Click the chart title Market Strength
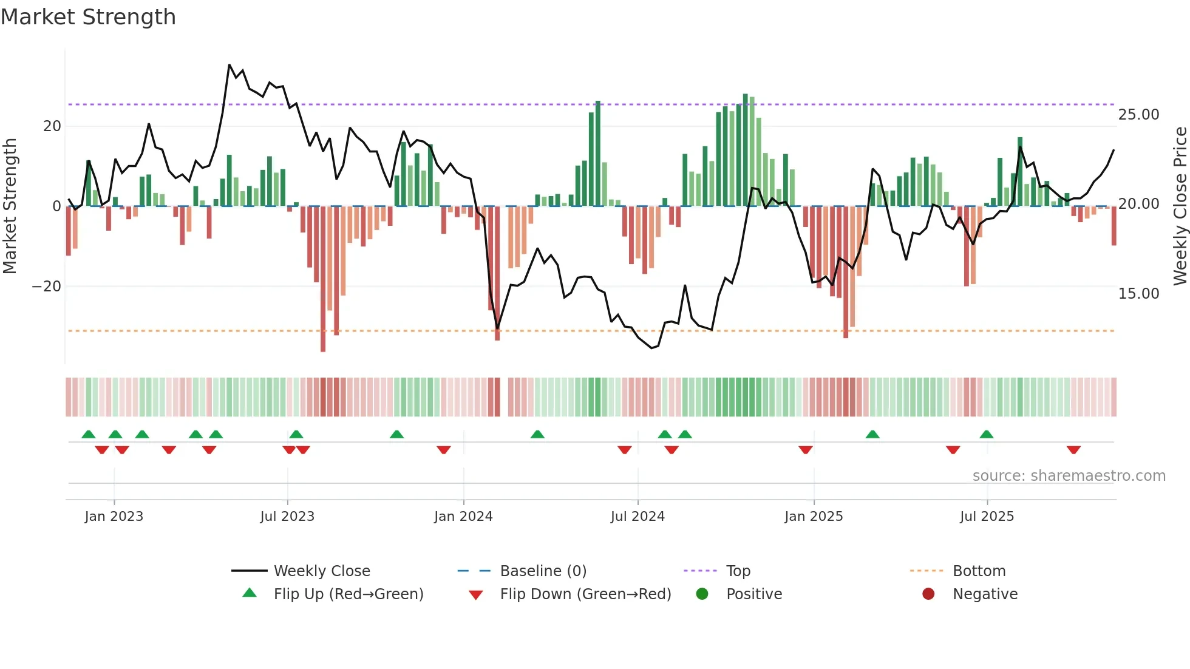[x=88, y=17]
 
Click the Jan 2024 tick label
[x=463, y=517]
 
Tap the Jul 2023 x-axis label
[x=287, y=517]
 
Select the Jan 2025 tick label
[x=814, y=517]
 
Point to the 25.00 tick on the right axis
[x=1138, y=115]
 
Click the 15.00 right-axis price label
[x=1138, y=294]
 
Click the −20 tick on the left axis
[x=47, y=287]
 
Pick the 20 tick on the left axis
[x=52, y=126]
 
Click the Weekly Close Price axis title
[x=1180, y=206]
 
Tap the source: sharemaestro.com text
[x=1069, y=476]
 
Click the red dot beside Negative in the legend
[x=928, y=594]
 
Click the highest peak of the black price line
[x=229, y=65]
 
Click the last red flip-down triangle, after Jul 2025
[x=1073, y=450]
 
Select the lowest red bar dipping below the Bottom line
[x=323, y=349]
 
